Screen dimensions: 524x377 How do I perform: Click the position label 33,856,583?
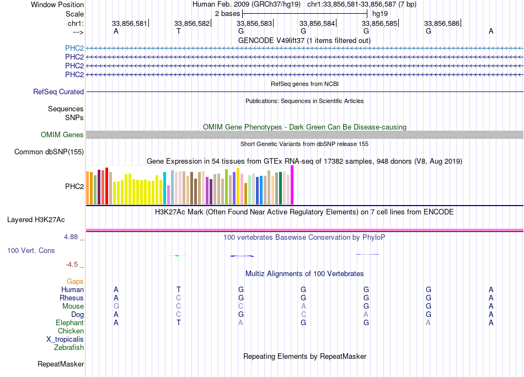click(254, 23)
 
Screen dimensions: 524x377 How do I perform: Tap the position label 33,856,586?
click(442, 23)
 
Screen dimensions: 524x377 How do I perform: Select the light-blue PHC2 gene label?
click(74, 48)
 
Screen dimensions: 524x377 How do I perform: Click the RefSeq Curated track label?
click(58, 92)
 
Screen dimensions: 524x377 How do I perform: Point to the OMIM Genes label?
click(62, 134)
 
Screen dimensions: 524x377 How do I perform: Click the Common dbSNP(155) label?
click(49, 152)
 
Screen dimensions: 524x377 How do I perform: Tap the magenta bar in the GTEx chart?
click(292, 185)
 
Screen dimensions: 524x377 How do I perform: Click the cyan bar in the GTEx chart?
click(164, 188)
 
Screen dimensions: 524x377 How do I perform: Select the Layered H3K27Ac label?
click(36, 220)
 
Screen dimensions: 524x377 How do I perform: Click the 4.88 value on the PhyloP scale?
click(71, 237)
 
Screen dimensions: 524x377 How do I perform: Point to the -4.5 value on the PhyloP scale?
click(72, 265)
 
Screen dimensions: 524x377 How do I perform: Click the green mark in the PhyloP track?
click(177, 256)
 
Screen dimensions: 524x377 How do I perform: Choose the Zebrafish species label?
click(69, 348)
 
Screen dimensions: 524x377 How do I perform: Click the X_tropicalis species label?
click(65, 340)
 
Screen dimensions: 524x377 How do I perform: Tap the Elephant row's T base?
click(179, 323)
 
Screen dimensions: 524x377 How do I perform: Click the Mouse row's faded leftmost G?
click(116, 306)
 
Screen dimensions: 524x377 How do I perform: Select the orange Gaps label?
click(75, 282)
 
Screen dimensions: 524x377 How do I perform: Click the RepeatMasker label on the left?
click(61, 364)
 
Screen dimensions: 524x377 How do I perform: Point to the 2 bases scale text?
click(228, 14)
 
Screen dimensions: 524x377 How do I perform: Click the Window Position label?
click(57, 4)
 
